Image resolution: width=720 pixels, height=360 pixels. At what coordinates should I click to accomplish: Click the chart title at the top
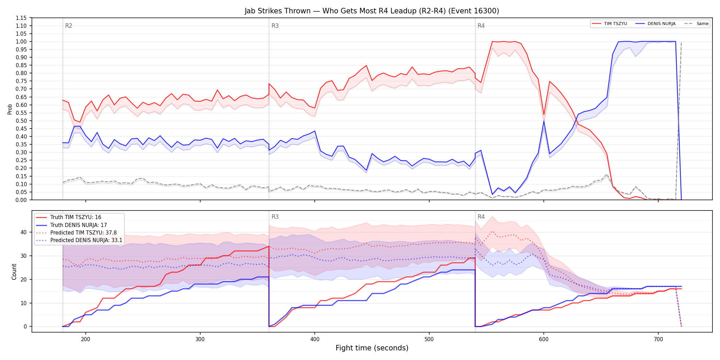coord(372,11)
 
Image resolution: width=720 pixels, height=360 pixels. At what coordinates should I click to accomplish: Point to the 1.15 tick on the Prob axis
coord(21,18)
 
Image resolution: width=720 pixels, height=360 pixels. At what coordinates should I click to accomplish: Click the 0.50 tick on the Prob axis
coord(21,121)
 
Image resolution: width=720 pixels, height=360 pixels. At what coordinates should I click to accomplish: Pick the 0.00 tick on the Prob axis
coord(21,200)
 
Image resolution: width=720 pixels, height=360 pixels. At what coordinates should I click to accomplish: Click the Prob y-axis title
coord(10,109)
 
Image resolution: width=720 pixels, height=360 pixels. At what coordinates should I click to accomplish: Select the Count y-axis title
coord(14,272)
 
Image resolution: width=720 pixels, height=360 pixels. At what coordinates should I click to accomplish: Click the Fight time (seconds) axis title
coord(372,348)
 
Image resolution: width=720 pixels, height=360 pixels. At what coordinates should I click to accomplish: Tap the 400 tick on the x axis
coord(315,339)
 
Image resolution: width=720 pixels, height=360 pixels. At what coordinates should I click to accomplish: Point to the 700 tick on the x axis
coord(658,339)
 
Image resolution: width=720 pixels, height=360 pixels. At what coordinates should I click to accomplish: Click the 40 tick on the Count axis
coord(24,232)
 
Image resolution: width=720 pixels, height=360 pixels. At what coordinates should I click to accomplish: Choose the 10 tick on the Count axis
coord(24,303)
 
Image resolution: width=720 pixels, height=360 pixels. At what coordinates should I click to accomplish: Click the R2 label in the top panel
coord(69,26)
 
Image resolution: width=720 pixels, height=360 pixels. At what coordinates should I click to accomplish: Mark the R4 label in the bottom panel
coord(481,217)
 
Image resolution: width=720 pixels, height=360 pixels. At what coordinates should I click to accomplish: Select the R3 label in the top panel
coord(275,26)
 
